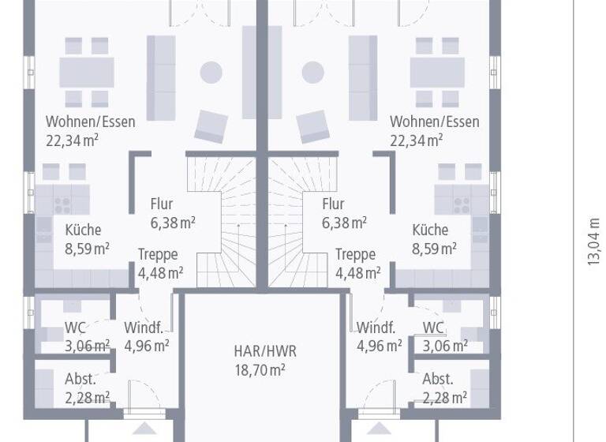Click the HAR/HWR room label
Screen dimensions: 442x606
265,351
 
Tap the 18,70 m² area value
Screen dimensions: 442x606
260,369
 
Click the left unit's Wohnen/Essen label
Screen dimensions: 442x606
90,122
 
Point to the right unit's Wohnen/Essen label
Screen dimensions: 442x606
434,122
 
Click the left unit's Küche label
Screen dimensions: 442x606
83,230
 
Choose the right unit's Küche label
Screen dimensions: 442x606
430,230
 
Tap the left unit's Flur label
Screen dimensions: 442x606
161,204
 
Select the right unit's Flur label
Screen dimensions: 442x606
333,204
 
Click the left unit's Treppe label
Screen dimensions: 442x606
158,255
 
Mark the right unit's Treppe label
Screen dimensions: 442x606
355,255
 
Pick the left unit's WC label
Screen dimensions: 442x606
75,328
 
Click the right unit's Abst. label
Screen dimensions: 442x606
438,378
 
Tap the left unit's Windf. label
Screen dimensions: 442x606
143,328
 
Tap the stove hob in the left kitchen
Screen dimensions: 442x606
62,204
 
